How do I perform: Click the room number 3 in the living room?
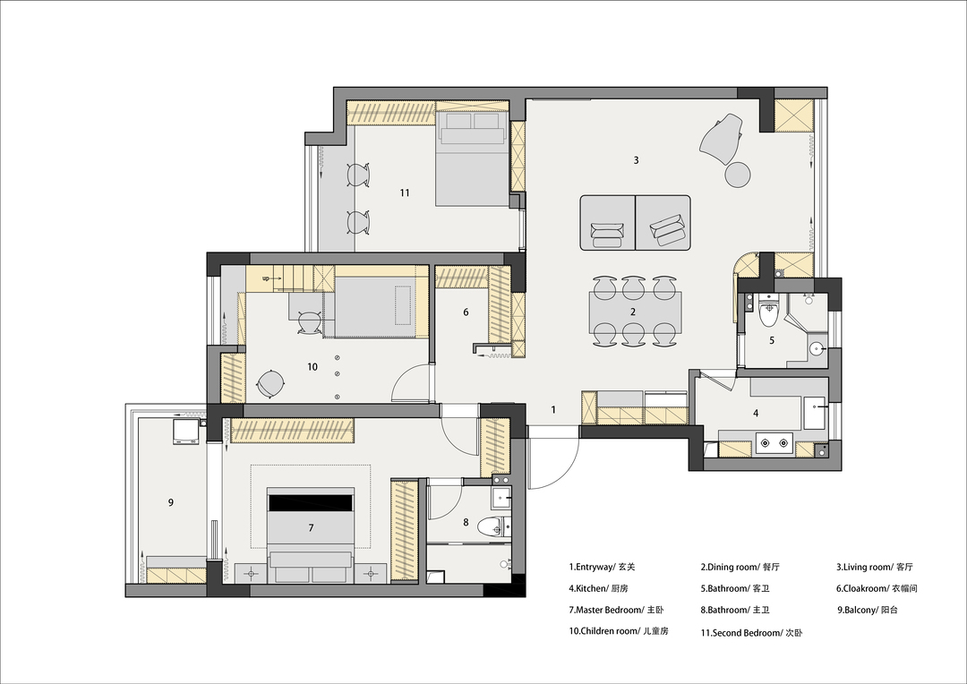(636, 160)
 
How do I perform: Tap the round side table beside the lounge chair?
(737, 174)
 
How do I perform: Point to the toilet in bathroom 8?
(496, 526)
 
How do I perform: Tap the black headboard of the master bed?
(311, 502)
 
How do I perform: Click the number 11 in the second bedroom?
(405, 193)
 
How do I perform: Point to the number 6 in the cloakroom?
(466, 312)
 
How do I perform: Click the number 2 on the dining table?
(633, 312)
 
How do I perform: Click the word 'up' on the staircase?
(266, 278)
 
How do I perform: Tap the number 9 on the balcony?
(171, 502)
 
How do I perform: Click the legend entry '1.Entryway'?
(592, 567)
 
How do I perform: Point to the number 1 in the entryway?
(553, 409)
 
